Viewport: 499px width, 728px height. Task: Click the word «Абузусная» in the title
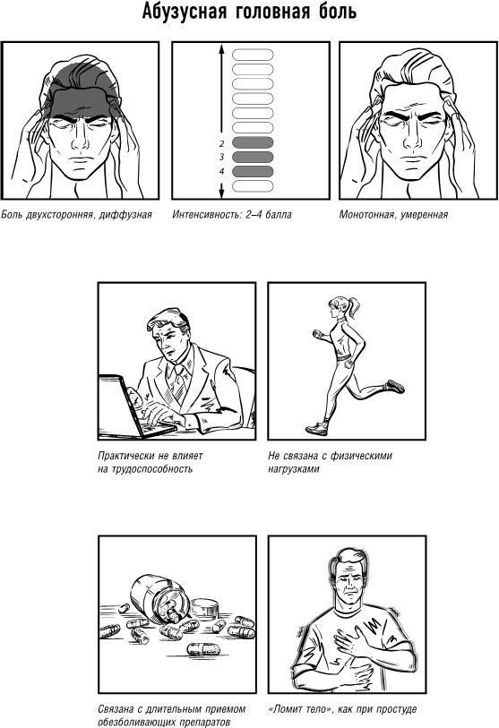[184, 11]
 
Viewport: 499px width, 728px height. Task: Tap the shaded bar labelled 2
[253, 142]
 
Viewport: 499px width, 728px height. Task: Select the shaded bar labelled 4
[253, 171]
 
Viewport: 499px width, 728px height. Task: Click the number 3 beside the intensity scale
[221, 158]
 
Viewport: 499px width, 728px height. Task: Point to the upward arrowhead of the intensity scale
[221, 48]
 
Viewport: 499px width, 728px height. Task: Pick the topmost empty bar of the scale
[253, 55]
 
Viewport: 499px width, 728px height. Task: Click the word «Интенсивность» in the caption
[207, 215]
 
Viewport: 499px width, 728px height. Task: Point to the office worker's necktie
[178, 383]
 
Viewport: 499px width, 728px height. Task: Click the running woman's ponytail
[353, 307]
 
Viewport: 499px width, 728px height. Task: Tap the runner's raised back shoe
[394, 386]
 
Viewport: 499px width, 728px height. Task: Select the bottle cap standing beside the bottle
[204, 609]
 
